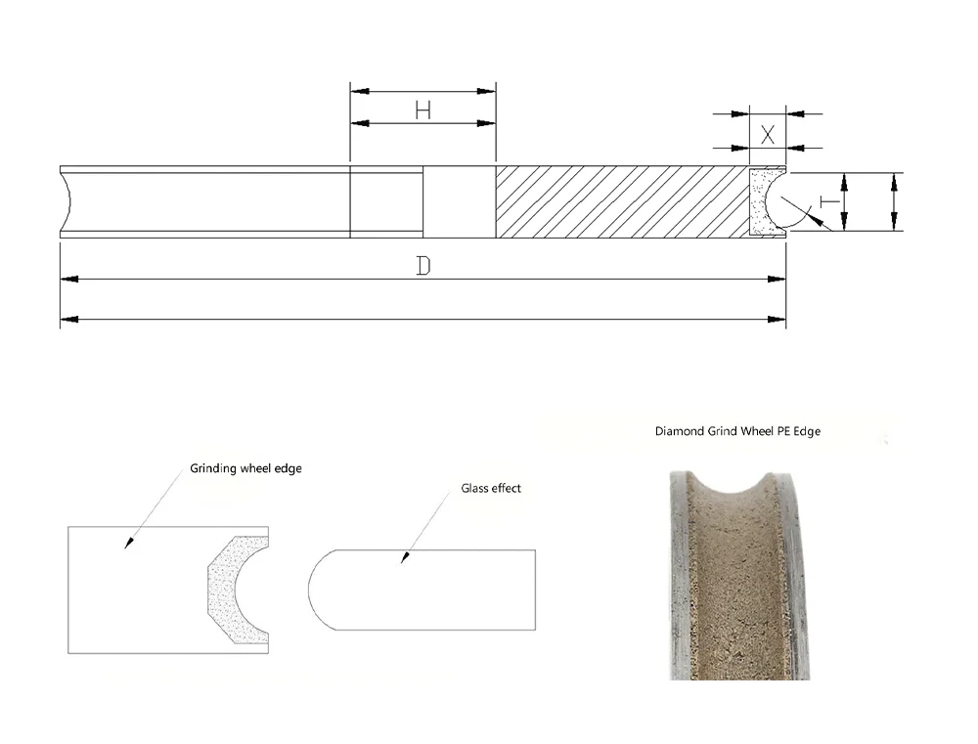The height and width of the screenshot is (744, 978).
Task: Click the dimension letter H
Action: tap(422, 109)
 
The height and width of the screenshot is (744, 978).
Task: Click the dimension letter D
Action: tap(423, 266)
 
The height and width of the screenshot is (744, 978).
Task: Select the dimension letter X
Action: tap(768, 134)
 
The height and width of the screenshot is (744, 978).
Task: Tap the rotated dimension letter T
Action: tap(826, 201)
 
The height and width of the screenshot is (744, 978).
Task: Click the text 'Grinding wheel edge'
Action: tap(245, 468)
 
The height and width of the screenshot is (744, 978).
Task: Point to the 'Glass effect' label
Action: tap(491, 488)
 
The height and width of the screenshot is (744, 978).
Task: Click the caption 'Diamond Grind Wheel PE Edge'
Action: tap(744, 430)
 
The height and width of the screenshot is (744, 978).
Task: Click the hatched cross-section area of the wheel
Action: tap(621, 201)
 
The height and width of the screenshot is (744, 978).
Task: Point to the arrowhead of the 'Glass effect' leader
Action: tap(402, 559)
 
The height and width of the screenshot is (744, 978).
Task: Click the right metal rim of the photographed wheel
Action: tap(797, 577)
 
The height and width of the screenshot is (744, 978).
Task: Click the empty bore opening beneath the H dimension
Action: tap(460, 201)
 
